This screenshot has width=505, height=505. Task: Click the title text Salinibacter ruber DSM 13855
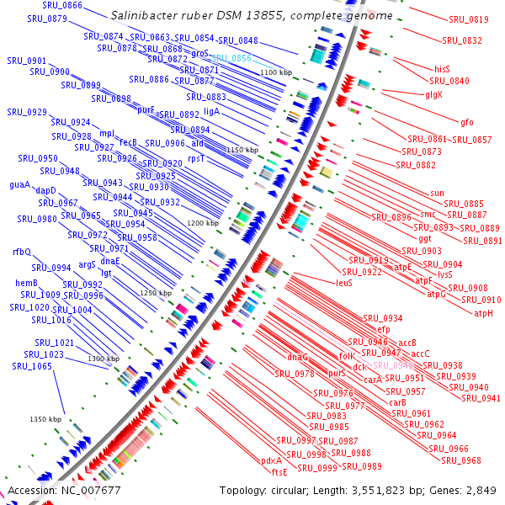tap(252, 16)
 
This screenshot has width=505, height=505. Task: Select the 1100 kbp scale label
tap(277, 73)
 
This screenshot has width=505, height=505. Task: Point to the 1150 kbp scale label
tap(241, 149)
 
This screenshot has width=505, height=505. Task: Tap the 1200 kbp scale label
tap(202, 223)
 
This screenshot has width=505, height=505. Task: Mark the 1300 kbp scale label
tap(104, 359)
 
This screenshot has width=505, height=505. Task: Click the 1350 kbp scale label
tap(45, 419)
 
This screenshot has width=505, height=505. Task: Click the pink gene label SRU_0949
tap(393, 365)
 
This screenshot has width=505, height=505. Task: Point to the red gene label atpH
tap(483, 313)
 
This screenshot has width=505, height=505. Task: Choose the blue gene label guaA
tap(19, 184)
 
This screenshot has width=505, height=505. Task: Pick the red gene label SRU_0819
tap(468, 19)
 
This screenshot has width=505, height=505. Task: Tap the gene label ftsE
tap(279, 472)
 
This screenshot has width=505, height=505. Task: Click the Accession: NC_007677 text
tap(65, 490)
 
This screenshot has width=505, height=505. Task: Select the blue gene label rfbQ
tap(21, 252)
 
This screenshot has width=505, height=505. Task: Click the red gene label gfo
tap(467, 122)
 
